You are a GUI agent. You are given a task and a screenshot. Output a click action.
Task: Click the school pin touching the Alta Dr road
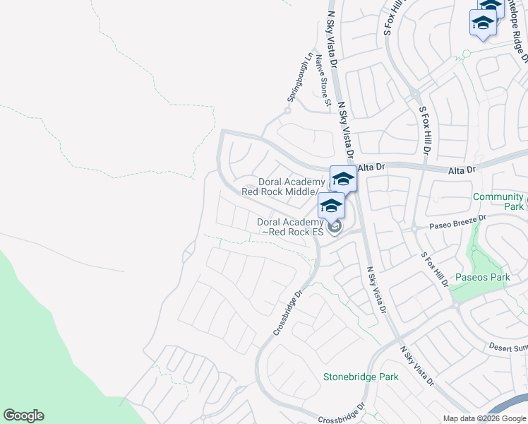[343, 179]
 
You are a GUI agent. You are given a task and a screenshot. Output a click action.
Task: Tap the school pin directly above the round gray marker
[330, 206]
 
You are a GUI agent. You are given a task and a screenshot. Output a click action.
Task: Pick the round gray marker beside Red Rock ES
[335, 227]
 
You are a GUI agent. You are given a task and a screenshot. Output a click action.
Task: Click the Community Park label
[499, 201]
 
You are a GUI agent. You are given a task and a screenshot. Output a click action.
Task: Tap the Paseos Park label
[483, 277]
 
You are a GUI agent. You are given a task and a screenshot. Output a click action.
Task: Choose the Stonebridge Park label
[361, 377]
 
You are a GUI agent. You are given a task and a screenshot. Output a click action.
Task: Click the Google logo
[23, 416]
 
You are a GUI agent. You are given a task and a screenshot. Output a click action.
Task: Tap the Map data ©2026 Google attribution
[484, 418]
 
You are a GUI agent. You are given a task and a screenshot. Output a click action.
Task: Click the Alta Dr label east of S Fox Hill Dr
[463, 170]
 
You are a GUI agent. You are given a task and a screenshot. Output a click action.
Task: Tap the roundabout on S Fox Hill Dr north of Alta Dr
[416, 94]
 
